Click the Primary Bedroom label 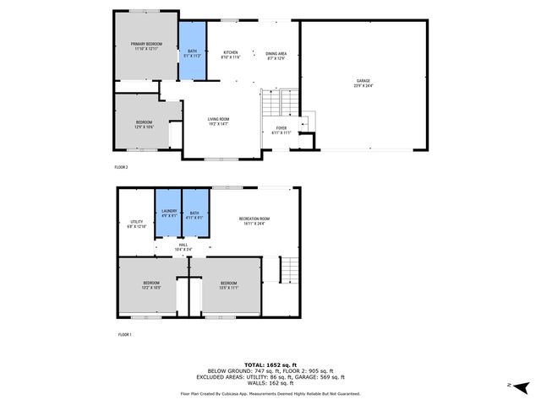pos(145,46)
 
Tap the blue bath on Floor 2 pos(193,51)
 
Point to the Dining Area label pos(276,56)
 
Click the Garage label pos(363,83)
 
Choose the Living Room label pos(219,121)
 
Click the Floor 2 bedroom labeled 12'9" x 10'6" pos(145,125)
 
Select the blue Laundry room pos(169,214)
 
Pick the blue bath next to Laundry pos(194,214)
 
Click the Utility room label pos(136,225)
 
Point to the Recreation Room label pos(253,221)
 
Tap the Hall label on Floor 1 pos(182,246)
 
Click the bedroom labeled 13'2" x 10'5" pos(151,285)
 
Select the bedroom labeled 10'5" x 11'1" pos(229,285)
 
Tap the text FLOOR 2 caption pos(121,167)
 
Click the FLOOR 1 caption pos(124,335)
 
